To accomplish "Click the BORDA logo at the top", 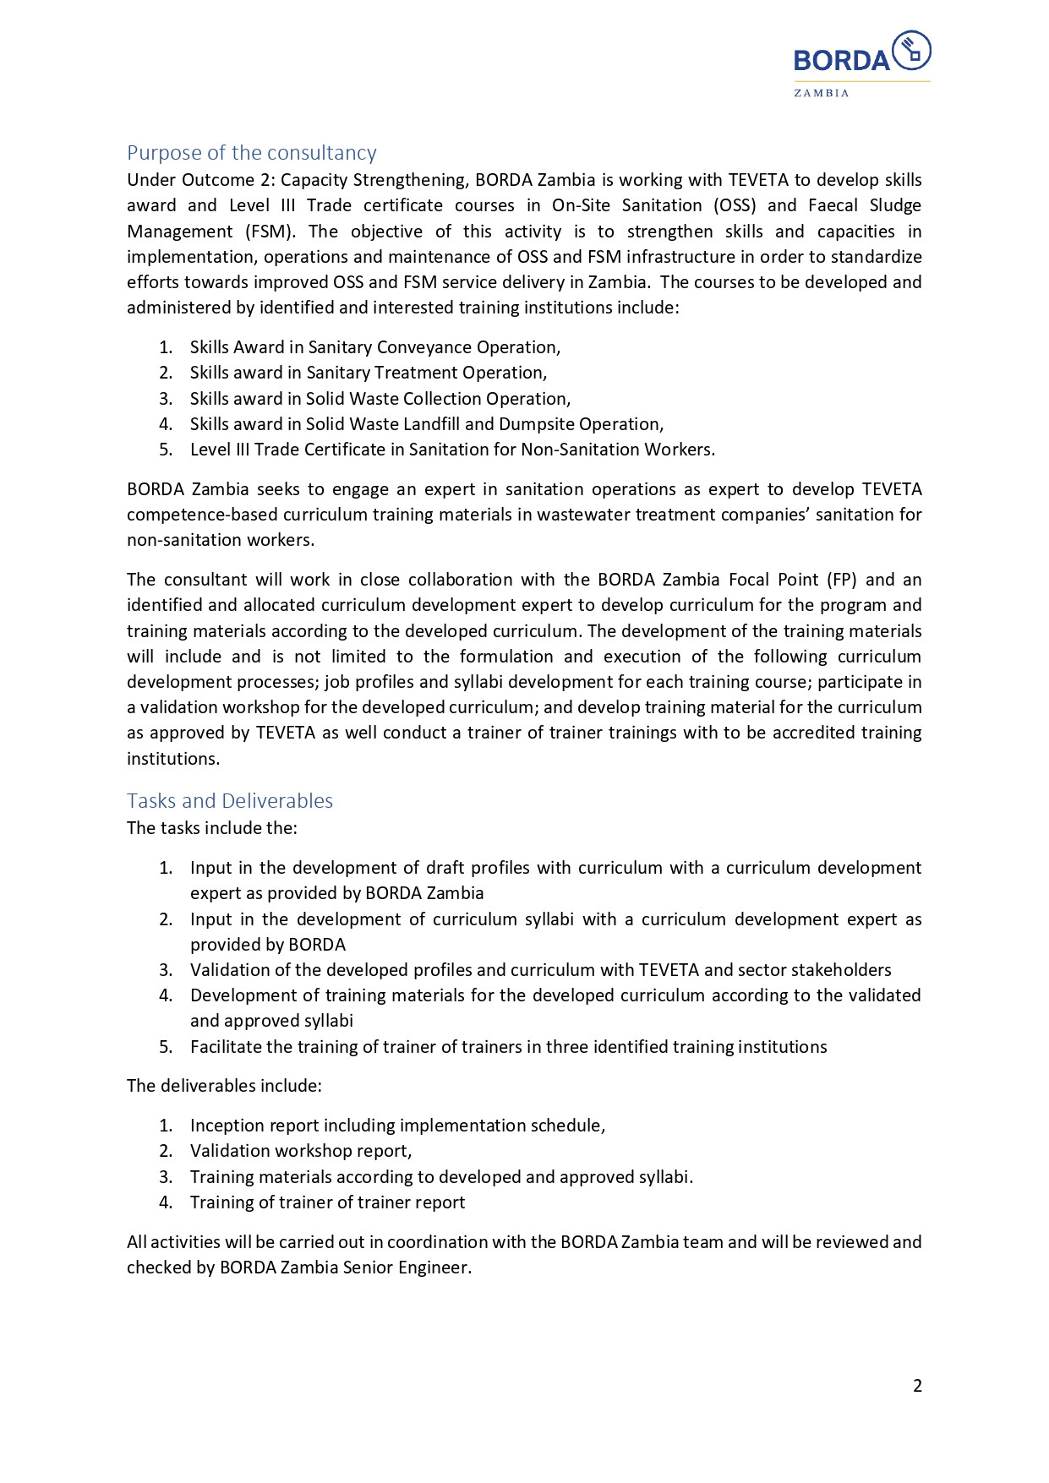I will pos(861,54).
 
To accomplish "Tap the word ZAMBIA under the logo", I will pos(821,93).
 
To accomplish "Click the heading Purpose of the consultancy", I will pos(251,153).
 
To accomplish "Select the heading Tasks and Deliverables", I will pos(230,801).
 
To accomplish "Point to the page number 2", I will pos(917,1386).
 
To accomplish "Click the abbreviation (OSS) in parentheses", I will pos(734,205).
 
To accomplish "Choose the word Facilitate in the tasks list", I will pos(226,1047).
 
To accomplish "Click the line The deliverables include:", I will pos(224,1086).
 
